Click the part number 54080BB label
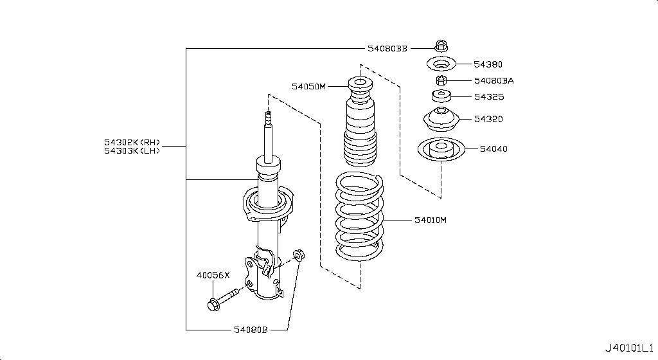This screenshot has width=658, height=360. (x=387, y=48)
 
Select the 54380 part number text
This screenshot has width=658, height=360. (x=488, y=64)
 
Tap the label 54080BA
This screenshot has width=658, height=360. (x=493, y=81)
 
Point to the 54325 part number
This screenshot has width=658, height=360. (x=488, y=97)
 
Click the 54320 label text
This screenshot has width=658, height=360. (x=488, y=119)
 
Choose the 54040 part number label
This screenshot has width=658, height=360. (x=493, y=149)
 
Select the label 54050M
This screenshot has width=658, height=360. (x=309, y=85)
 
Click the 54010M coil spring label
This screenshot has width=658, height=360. (x=429, y=221)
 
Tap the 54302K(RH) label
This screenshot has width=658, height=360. (x=132, y=142)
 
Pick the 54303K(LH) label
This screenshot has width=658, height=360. (x=132, y=151)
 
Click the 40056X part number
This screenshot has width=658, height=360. (x=213, y=275)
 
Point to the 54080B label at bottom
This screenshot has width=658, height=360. (x=249, y=330)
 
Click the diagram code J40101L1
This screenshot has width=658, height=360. (x=628, y=348)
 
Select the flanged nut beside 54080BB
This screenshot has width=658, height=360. (x=440, y=47)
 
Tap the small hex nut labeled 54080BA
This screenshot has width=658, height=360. (x=441, y=80)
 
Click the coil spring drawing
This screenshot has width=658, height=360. (x=360, y=217)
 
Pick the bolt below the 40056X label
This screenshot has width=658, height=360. (x=222, y=299)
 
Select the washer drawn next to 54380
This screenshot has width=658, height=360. (x=441, y=64)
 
